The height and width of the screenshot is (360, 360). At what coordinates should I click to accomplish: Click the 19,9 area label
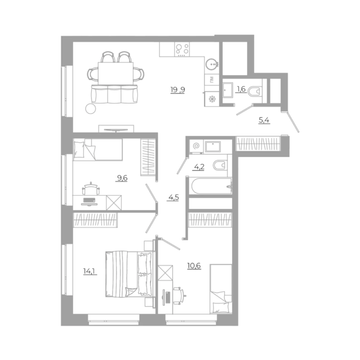pyautogui.click(x=178, y=90)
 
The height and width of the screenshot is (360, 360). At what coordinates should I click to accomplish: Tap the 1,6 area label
pyautogui.click(x=241, y=89)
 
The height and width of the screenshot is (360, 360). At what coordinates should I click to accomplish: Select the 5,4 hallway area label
pyautogui.click(x=264, y=120)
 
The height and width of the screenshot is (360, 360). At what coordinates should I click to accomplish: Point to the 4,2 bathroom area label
pyautogui.click(x=199, y=167)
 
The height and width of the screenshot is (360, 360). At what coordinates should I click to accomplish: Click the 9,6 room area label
pyautogui.click(x=122, y=178)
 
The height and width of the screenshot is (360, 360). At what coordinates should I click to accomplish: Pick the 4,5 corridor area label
pyautogui.click(x=173, y=197)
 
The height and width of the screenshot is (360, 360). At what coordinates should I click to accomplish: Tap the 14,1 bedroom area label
pyautogui.click(x=90, y=271)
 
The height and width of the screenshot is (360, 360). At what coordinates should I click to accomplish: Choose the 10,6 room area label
pyautogui.click(x=194, y=266)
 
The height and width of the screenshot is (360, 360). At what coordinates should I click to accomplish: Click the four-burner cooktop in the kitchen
pyautogui.click(x=182, y=49)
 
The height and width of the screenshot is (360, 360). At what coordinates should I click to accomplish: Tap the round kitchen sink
pyautogui.click(x=211, y=64)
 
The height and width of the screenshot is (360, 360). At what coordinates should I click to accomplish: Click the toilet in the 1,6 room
pyautogui.click(x=255, y=91)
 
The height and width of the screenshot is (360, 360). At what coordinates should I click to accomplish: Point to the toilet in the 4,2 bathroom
pyautogui.click(x=220, y=165)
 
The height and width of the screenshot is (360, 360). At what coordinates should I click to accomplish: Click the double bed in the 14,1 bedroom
pyautogui.click(x=129, y=274)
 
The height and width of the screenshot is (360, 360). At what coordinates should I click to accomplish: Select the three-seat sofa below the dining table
pyautogui.click(x=114, y=94)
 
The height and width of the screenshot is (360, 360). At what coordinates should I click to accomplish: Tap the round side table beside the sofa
pyautogui.click(x=90, y=109)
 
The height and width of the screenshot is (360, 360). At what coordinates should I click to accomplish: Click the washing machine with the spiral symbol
pyautogui.click(x=196, y=146)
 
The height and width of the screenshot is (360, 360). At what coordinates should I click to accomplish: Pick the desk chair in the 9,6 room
pyautogui.click(x=91, y=189)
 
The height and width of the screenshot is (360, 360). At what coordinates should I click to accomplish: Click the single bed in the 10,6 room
pyautogui.click(x=221, y=289)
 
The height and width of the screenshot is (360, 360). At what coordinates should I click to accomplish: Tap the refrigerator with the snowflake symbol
pyautogui.click(x=212, y=99)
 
